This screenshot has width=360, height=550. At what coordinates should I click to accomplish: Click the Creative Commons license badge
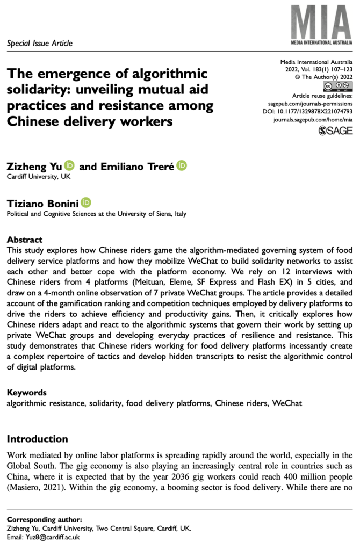[337, 86]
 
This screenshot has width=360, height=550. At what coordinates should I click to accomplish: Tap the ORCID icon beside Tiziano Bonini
[86, 202]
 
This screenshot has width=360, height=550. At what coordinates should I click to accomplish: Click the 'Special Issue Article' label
[40, 43]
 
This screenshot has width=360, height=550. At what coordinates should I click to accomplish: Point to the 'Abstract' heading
[24, 240]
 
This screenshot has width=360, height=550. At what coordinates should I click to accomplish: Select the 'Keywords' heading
[26, 392]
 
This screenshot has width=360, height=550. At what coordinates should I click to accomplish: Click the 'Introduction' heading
[37, 439]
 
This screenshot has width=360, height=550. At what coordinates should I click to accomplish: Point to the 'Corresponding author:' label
[44, 519]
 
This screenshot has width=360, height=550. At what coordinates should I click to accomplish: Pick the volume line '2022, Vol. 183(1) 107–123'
[319, 70]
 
